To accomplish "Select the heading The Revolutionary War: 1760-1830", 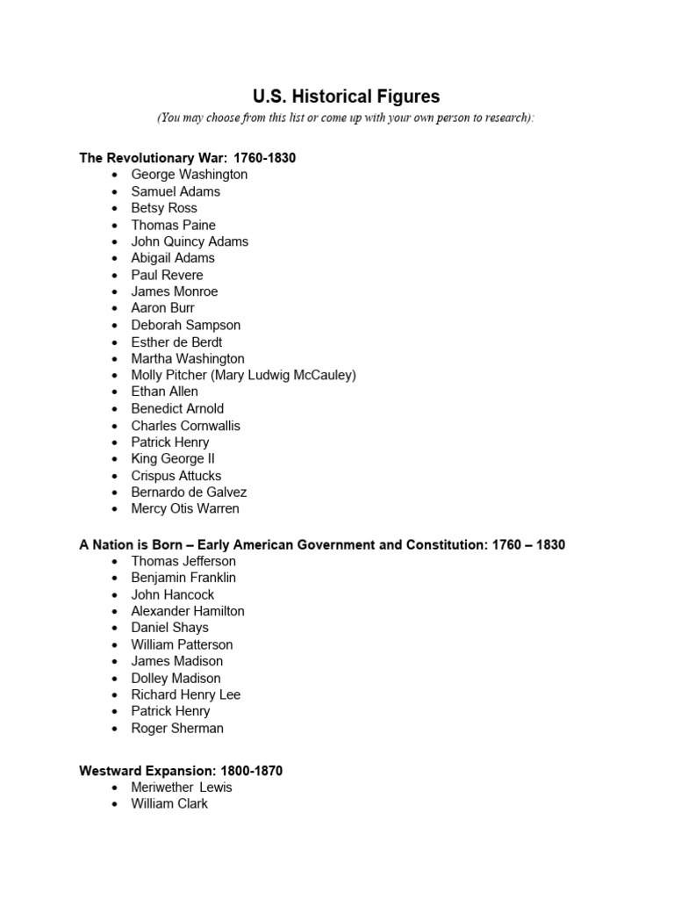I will [x=187, y=158].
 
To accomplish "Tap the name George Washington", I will [x=189, y=175].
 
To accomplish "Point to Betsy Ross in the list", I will [x=164, y=208].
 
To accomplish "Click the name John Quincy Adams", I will [x=190, y=241].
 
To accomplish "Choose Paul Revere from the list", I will [x=167, y=275].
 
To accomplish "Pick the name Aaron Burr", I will [x=162, y=308].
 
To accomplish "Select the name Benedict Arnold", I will [x=177, y=408].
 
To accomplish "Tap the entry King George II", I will [x=173, y=458].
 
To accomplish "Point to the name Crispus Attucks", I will [x=176, y=476].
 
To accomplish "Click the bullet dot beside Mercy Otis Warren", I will [x=115, y=509].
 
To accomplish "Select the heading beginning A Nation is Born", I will [x=322, y=544].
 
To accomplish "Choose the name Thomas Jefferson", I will [x=183, y=561].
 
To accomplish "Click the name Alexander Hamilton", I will [x=188, y=611].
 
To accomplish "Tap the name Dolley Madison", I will [x=176, y=678].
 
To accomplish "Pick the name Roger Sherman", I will [x=177, y=728].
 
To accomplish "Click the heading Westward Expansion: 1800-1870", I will [x=181, y=771].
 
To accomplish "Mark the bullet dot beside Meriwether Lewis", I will [x=115, y=788].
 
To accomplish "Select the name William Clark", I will [x=169, y=803].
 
